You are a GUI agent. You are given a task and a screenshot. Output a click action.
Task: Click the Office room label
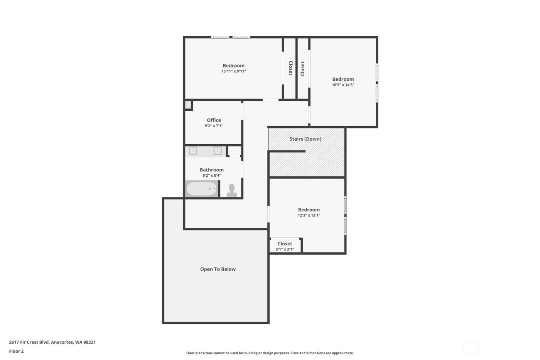click(214, 120)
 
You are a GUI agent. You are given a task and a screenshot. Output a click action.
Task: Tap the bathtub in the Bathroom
click(201, 189)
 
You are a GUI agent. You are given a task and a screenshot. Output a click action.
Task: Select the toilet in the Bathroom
click(231, 189)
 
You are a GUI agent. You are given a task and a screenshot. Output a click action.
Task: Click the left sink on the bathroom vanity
click(193, 150)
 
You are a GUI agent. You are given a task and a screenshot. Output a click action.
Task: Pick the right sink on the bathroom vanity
click(218, 150)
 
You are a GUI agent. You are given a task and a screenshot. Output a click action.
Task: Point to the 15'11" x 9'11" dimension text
click(233, 71)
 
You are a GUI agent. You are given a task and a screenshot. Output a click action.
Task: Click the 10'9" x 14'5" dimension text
click(343, 85)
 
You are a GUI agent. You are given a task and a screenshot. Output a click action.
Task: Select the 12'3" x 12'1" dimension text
click(309, 215)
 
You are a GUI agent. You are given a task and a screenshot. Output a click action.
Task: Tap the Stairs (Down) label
click(305, 139)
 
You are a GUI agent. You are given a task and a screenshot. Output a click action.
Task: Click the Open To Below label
click(218, 269)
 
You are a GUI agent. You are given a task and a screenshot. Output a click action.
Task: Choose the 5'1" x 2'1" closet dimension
click(285, 249)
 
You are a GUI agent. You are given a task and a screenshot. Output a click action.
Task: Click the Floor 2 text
click(16, 351)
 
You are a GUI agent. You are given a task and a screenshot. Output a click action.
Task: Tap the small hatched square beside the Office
click(188, 105)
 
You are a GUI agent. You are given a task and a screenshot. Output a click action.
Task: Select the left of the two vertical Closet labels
click(290, 68)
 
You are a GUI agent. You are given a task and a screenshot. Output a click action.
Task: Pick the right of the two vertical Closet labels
click(302, 68)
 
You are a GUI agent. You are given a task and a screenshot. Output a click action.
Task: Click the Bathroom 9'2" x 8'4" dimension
click(211, 176)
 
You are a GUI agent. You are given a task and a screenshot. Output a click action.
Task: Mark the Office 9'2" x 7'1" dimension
click(214, 126)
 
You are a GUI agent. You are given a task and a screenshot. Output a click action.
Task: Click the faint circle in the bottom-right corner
click(470, 348)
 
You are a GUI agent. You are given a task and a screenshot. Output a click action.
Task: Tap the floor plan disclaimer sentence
click(270, 353)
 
